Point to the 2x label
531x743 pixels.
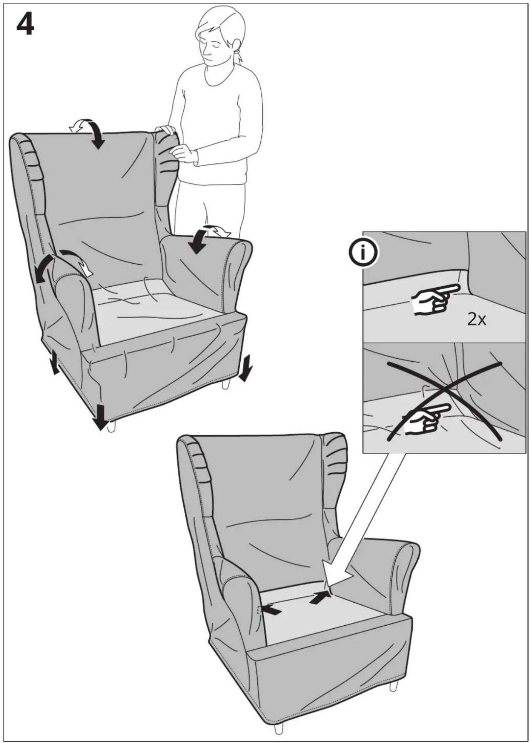(x=477, y=319)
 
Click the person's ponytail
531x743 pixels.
(x=239, y=55)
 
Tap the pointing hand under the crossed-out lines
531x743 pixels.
(x=425, y=420)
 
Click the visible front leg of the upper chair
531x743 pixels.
(x=112, y=427)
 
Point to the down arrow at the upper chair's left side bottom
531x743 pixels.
(x=55, y=363)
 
